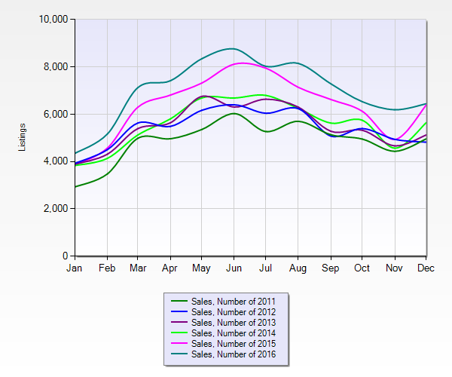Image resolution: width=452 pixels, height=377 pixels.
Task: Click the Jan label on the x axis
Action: click(x=75, y=267)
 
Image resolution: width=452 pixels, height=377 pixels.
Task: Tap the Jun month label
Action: click(x=234, y=267)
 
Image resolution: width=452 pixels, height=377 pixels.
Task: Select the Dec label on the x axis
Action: click(x=426, y=267)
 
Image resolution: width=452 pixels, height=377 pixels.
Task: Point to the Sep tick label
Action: click(x=331, y=267)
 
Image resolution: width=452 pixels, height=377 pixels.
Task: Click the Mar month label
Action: click(x=139, y=267)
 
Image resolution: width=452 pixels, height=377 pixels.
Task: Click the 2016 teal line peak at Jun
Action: click(x=234, y=48)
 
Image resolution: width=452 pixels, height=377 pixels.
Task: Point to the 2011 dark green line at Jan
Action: click(x=75, y=187)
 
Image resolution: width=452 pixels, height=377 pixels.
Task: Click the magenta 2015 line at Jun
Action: click(x=234, y=63)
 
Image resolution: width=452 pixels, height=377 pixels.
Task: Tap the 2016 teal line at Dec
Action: click(x=426, y=104)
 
